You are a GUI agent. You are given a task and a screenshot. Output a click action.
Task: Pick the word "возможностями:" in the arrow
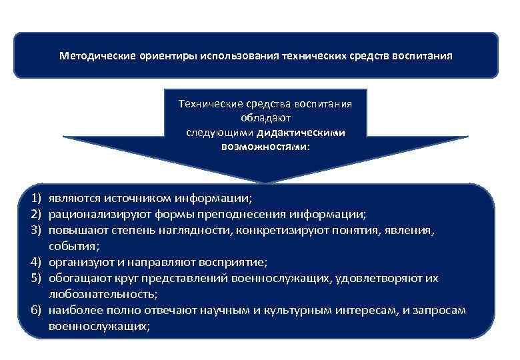click(x=265, y=145)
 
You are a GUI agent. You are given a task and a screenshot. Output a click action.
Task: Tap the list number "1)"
click(x=35, y=199)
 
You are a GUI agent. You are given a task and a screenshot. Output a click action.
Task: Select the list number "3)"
click(x=35, y=231)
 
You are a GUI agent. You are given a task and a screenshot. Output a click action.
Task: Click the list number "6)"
click(x=35, y=311)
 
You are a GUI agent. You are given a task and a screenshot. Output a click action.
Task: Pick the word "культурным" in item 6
click(x=291, y=311)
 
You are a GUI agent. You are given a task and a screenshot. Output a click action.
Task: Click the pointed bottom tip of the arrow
click(x=265, y=182)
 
